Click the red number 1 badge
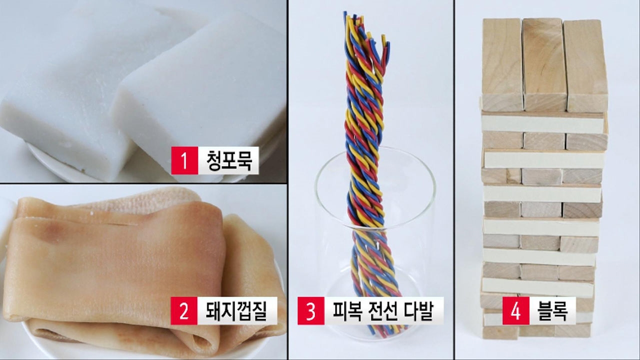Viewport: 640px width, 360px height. click(x=184, y=160)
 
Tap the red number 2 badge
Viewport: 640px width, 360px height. click(x=184, y=311)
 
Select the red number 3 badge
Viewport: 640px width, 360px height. click(x=311, y=311)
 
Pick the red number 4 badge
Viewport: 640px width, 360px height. click(x=515, y=311)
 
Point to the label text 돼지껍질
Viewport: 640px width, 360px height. click(x=236, y=311)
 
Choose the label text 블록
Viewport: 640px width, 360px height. click(x=552, y=311)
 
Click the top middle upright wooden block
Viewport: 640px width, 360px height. click(x=544, y=64)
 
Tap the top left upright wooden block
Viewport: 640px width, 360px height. click(x=502, y=64)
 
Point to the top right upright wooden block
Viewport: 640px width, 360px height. click(x=585, y=65)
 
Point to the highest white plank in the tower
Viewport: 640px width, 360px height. click(x=542, y=123)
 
